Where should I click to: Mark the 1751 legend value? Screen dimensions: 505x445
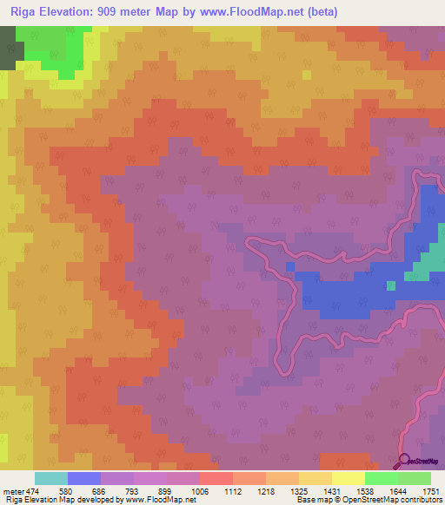tap(430, 490)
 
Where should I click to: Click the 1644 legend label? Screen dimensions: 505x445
tap(398, 490)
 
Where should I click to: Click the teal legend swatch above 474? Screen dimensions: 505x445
tap(51, 478)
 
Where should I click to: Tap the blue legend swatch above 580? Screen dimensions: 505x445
tap(84, 478)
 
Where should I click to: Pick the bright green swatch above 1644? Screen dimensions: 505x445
tap(382, 478)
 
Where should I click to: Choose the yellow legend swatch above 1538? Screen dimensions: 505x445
tap(349, 478)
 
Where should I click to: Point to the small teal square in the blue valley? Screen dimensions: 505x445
tap(391, 285)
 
